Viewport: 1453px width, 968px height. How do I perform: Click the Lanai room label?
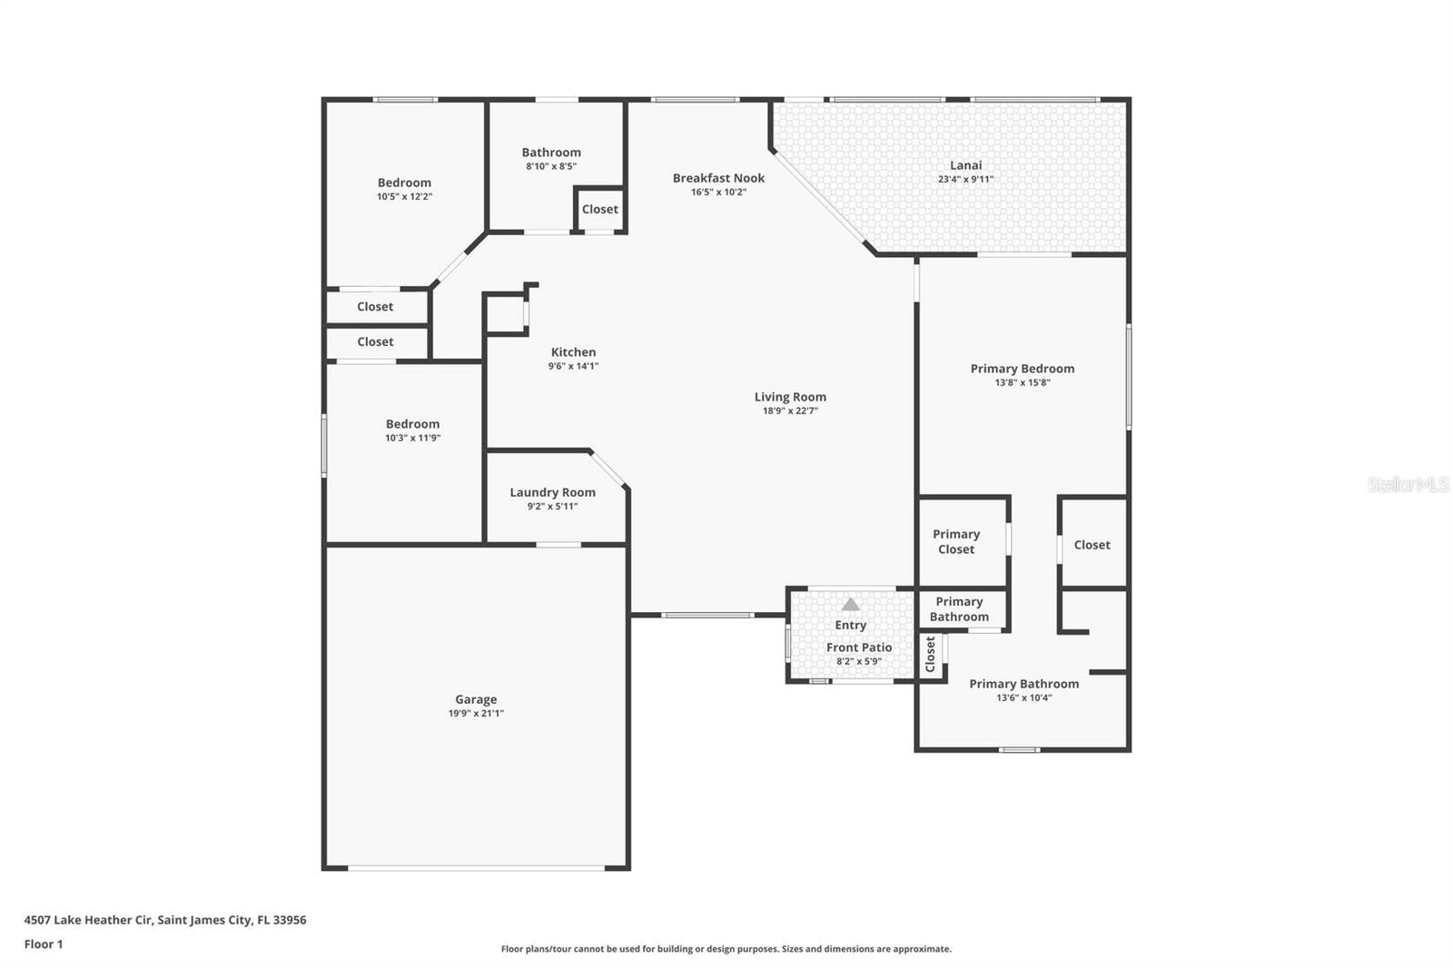click(966, 165)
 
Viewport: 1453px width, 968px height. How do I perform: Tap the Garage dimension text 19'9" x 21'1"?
click(476, 713)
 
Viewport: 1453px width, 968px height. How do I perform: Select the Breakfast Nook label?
click(718, 178)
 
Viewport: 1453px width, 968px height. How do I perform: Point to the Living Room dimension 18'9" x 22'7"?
click(790, 410)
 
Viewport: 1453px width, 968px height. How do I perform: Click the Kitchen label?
click(573, 351)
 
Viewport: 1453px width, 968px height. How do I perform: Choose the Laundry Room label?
click(553, 492)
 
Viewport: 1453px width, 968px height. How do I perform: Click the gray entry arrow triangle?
click(850, 605)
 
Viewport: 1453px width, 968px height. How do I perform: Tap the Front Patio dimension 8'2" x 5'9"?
click(859, 662)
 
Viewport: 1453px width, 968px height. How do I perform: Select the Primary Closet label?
click(956, 542)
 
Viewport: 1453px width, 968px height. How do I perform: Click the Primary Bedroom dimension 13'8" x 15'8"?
click(1023, 383)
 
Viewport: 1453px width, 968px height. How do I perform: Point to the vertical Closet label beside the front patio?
click(930, 654)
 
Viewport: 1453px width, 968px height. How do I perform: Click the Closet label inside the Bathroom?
click(599, 209)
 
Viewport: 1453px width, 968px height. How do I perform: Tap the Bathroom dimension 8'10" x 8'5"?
click(550, 166)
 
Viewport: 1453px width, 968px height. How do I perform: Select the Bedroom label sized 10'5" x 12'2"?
click(404, 183)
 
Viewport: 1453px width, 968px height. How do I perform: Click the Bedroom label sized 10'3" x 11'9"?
click(412, 424)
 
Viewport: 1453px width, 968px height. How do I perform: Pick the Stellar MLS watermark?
click(1409, 484)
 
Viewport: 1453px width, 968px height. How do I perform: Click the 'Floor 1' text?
click(44, 944)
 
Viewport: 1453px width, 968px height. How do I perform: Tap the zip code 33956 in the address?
click(290, 919)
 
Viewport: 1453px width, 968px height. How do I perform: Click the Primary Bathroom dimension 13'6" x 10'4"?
click(1023, 698)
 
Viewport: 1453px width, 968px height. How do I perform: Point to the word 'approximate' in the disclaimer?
click(921, 949)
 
